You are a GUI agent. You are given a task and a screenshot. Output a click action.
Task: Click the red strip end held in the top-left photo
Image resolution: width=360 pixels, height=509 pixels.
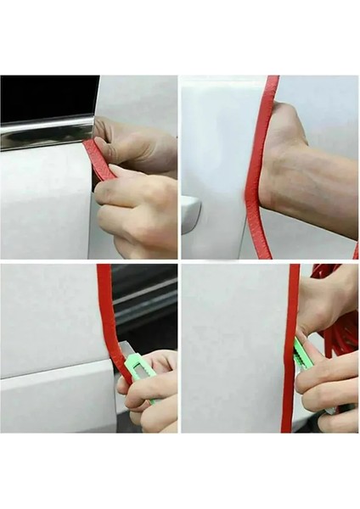click(x=98, y=159)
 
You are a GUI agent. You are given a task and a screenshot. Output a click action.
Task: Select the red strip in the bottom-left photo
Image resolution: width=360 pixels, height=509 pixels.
click(x=106, y=314)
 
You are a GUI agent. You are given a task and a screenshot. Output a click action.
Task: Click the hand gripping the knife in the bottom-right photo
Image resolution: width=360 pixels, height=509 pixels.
click(x=331, y=382)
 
